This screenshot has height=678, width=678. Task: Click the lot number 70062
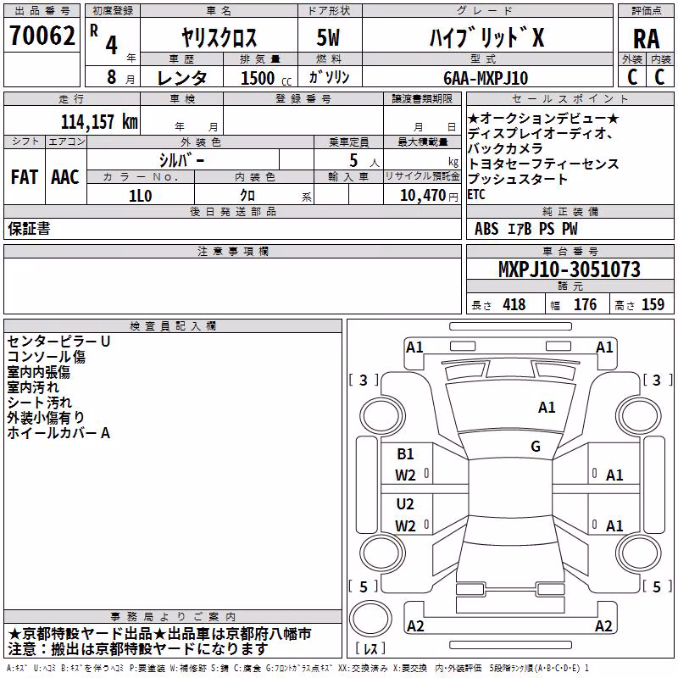tap(42, 36)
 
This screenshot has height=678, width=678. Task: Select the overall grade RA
tap(646, 39)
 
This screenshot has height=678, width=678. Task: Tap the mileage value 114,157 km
tap(99, 122)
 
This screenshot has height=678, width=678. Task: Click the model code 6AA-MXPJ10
tap(486, 78)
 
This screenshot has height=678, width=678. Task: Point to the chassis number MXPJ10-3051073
tap(570, 270)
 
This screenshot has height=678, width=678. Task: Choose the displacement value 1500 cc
tap(266, 78)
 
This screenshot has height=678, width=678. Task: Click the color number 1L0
tap(141, 196)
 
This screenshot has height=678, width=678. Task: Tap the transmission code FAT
tap(25, 177)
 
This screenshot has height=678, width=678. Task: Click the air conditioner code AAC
tap(65, 177)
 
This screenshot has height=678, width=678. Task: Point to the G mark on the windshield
tap(536, 447)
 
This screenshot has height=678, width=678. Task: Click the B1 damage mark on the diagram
tap(405, 454)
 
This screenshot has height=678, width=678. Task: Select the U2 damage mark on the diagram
tap(405, 504)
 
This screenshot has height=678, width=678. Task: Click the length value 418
tap(514, 305)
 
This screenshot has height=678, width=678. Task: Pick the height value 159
tap(653, 305)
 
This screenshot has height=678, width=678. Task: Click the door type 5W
tap(328, 37)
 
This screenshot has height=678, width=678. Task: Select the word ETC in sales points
tap(476, 195)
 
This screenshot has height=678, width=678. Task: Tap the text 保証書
tap(29, 228)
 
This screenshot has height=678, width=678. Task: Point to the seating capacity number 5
tap(353, 160)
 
